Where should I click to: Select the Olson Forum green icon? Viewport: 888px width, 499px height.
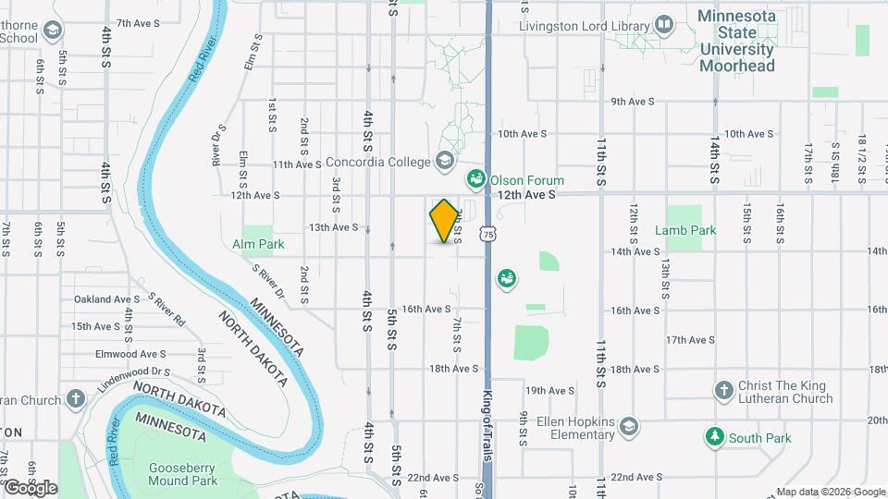coord(476,178)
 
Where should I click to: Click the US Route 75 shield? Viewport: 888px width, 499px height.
coord(487,236)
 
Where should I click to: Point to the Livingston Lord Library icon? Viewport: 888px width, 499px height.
coord(663,24)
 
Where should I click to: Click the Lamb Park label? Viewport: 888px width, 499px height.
coord(685,230)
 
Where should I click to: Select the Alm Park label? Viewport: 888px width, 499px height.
coord(258,244)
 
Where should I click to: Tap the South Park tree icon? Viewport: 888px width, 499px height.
coord(713,436)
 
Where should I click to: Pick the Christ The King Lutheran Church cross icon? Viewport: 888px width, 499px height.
coord(724,387)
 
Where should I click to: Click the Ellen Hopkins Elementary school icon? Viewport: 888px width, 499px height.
coord(629,426)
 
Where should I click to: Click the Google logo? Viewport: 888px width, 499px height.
coord(30,488)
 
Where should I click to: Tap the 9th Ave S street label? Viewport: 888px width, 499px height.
coord(633,102)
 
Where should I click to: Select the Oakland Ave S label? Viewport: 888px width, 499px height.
coord(106,299)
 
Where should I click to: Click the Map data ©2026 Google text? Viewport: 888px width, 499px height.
coord(830,492)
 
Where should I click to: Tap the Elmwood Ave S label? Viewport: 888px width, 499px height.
coord(129,354)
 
